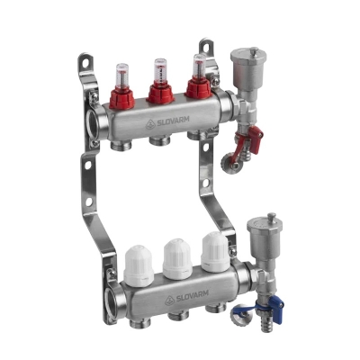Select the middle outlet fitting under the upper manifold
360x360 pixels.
(159, 140)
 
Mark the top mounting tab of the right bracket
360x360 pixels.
(206, 45)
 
